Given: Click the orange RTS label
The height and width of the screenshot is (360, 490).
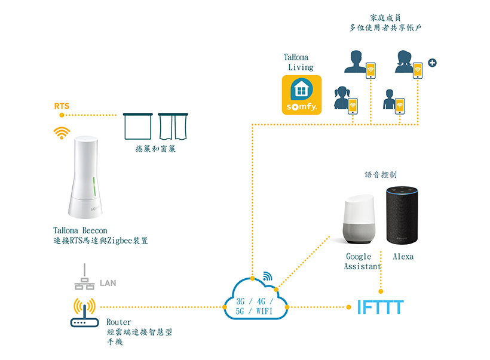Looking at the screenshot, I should pyautogui.click(x=62, y=106).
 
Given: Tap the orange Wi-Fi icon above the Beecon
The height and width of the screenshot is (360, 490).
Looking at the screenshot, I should pyautogui.click(x=61, y=133).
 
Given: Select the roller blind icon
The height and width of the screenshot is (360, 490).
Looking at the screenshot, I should pyautogui.click(x=138, y=127).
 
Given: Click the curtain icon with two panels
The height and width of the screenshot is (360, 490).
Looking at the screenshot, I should pyautogui.click(x=173, y=127).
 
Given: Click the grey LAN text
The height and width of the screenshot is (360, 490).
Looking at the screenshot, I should pyautogui.click(x=108, y=283).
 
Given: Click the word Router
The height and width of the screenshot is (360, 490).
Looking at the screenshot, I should pyautogui.click(x=118, y=322).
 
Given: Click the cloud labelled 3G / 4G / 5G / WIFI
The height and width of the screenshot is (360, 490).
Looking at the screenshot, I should pyautogui.click(x=255, y=305).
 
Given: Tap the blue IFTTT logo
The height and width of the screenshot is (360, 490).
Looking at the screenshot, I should pyautogui.click(x=380, y=308).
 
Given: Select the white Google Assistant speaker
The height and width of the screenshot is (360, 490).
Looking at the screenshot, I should pyautogui.click(x=357, y=221).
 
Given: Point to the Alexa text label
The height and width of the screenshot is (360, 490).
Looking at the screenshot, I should pyautogui.click(x=403, y=257).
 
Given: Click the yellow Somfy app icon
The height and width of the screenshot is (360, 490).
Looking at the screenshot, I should pyautogui.click(x=302, y=94).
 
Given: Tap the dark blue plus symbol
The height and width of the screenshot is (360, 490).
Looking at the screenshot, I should pyautogui.click(x=432, y=63).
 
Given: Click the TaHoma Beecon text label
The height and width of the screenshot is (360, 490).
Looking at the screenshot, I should pyautogui.click(x=82, y=230).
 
